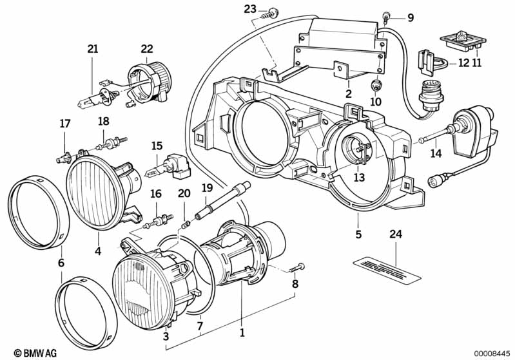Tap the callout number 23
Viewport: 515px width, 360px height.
click(x=249, y=8)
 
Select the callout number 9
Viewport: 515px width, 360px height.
click(x=410, y=17)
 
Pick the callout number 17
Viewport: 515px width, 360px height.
click(x=64, y=124)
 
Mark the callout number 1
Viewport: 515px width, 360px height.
click(x=242, y=334)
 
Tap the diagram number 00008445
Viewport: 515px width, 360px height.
click(x=492, y=352)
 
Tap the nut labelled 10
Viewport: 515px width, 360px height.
click(x=375, y=85)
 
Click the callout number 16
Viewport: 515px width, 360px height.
click(x=155, y=193)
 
